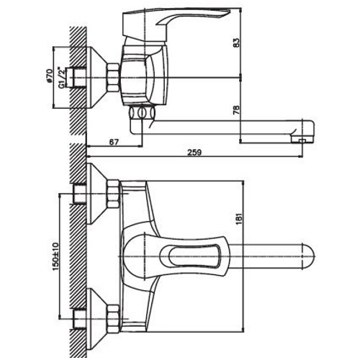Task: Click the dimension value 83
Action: (x=236, y=42)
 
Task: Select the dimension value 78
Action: (x=236, y=109)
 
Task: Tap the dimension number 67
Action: (x=114, y=142)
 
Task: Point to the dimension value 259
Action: (x=194, y=153)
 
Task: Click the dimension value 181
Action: (x=239, y=217)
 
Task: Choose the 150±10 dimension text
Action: (x=55, y=256)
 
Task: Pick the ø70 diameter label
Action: (x=50, y=76)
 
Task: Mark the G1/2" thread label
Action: (x=62, y=78)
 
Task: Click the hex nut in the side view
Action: (x=113, y=77)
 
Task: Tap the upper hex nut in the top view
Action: (x=113, y=194)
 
